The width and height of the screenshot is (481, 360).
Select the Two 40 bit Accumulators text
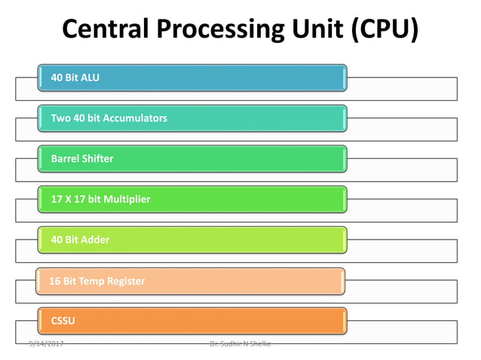pyautogui.click(x=109, y=118)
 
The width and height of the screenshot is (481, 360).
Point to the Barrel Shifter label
pyautogui.click(x=82, y=159)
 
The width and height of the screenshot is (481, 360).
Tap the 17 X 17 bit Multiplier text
pyautogui.click(x=100, y=200)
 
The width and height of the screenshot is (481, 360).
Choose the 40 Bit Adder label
pyautogui.click(x=80, y=240)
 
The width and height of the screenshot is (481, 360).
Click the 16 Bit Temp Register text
pyautogui.click(x=97, y=281)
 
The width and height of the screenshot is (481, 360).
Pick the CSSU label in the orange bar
pyautogui.click(x=63, y=322)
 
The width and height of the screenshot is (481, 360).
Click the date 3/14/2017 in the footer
pyautogui.click(x=46, y=344)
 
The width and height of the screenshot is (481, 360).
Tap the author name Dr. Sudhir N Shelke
pyautogui.click(x=240, y=344)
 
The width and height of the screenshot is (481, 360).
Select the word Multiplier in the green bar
pyautogui.click(x=127, y=200)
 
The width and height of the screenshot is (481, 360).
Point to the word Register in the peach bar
pyautogui.click(x=125, y=281)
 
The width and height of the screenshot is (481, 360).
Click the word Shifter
pyautogui.click(x=98, y=159)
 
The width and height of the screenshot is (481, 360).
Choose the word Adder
pyautogui.click(x=96, y=240)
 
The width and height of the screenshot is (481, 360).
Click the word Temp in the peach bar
pyautogui.click(x=90, y=281)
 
